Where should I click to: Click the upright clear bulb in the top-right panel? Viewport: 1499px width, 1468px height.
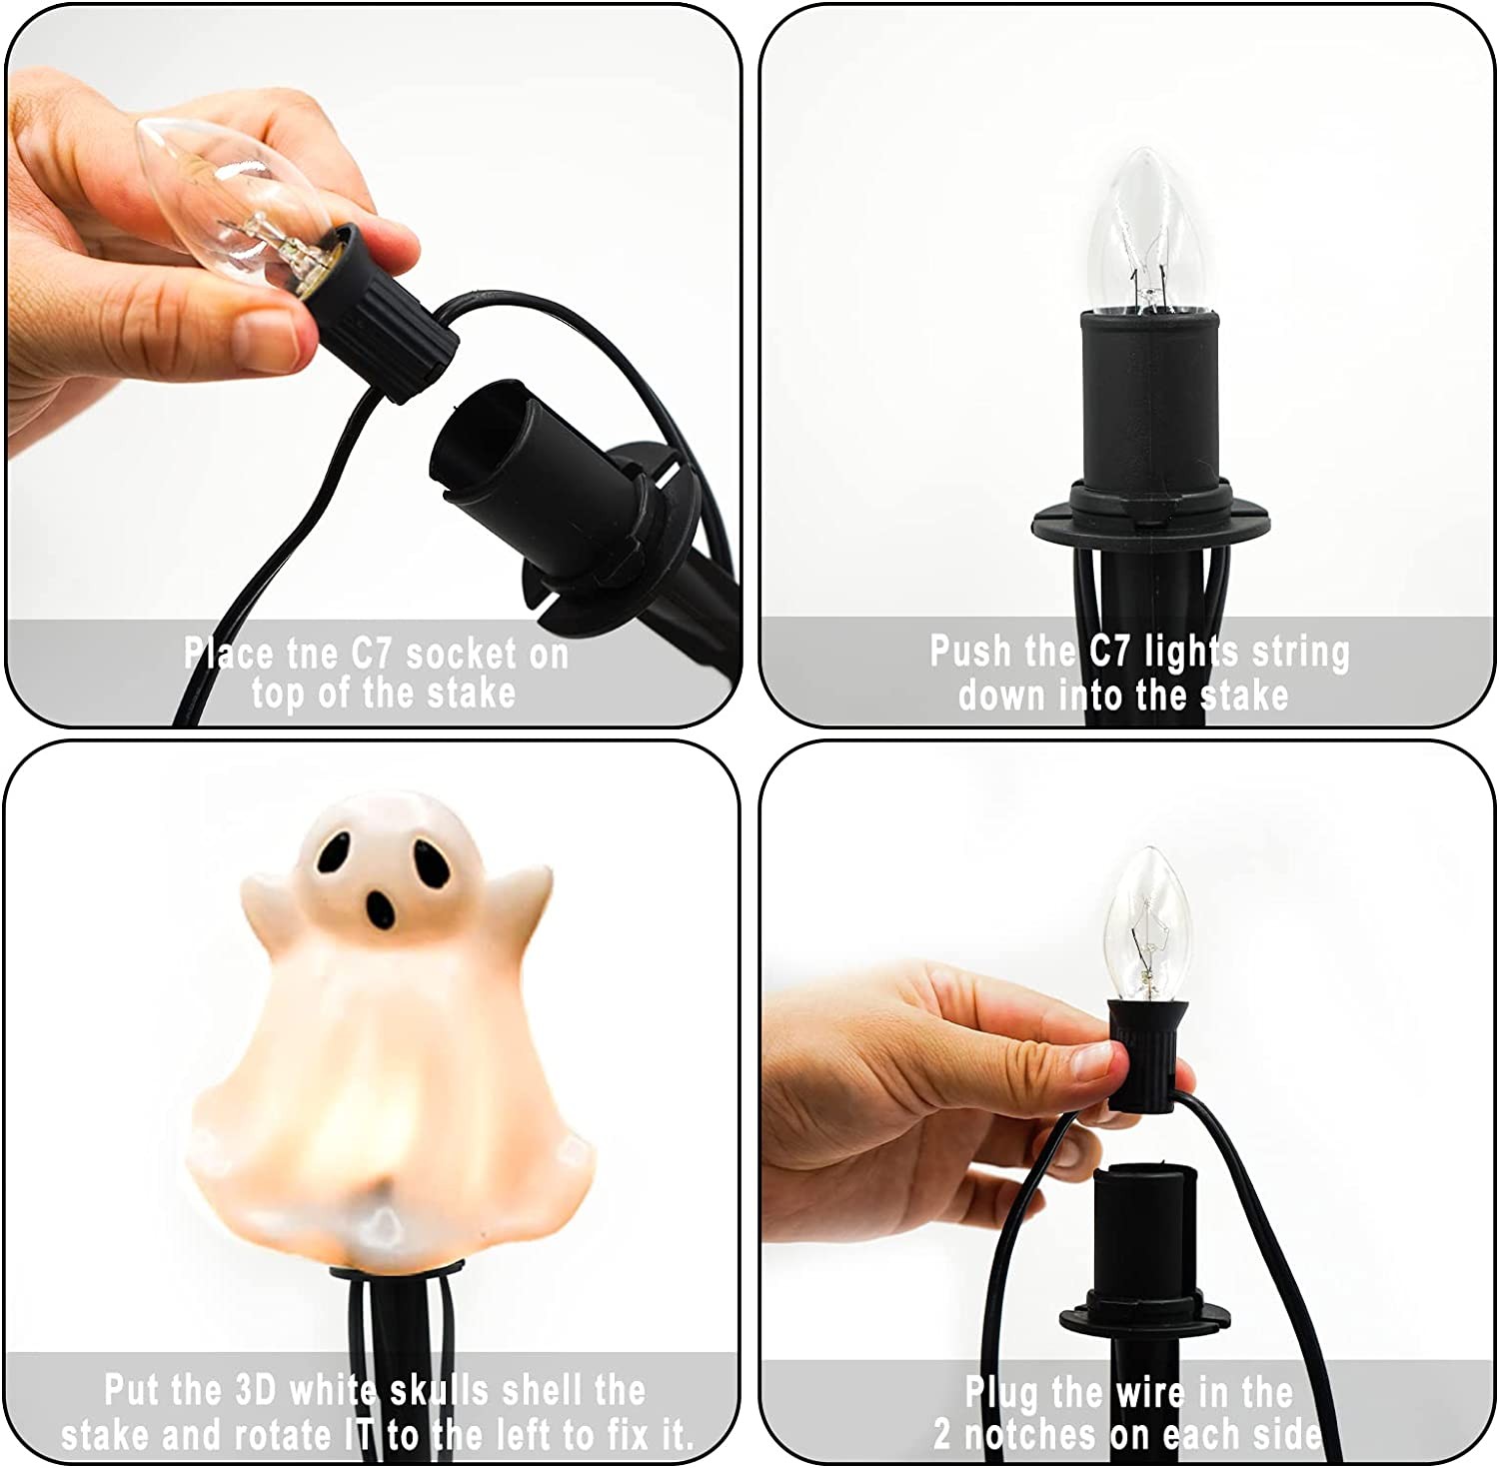[1146, 231]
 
